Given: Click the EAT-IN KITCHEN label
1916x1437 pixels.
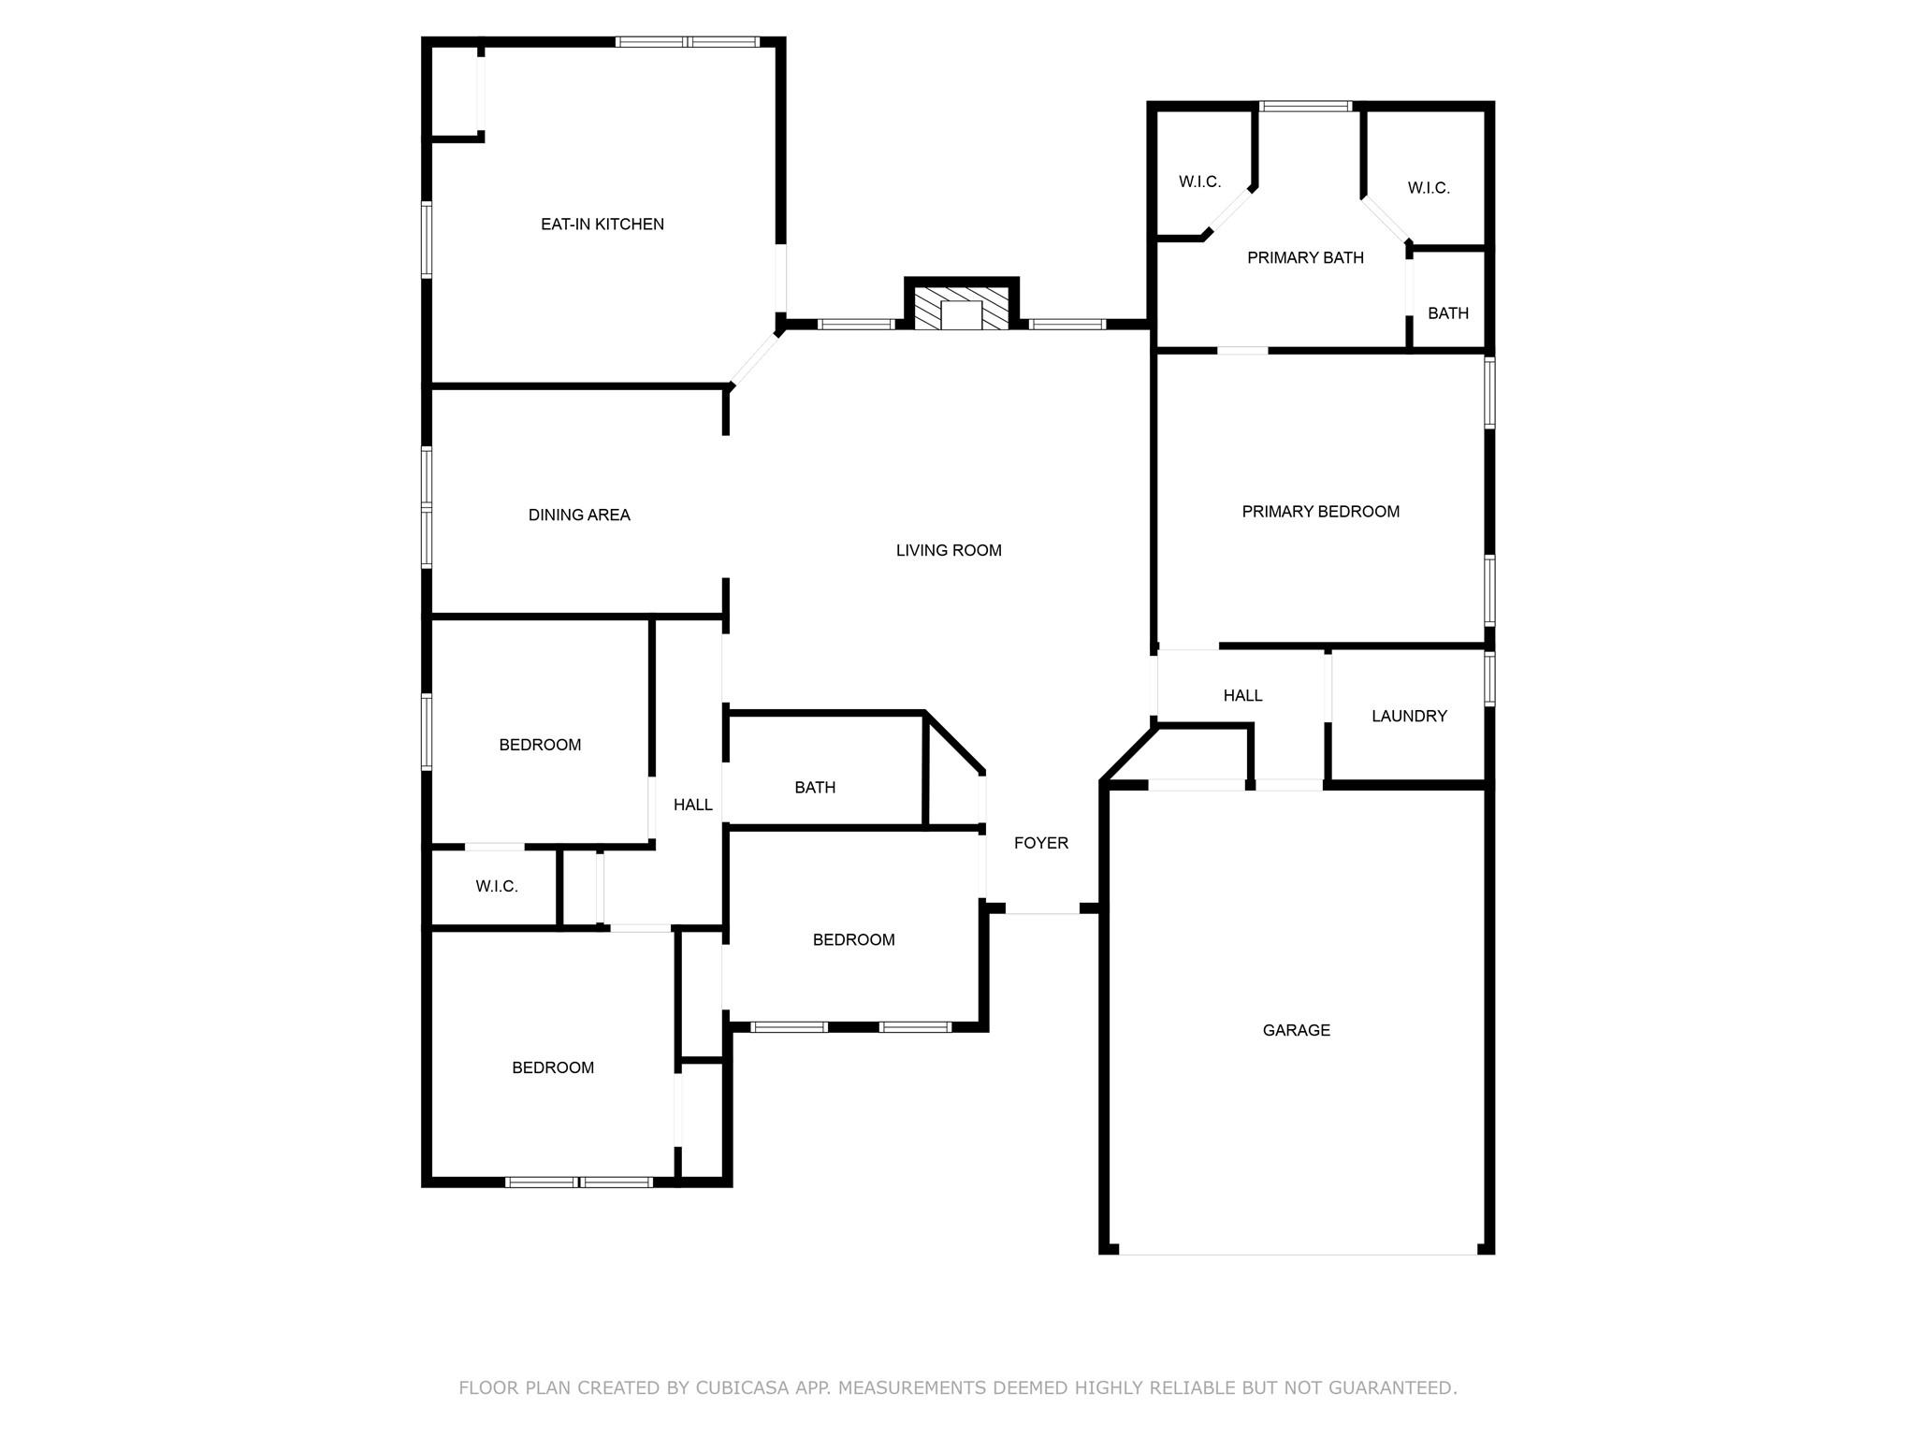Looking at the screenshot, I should click(602, 225).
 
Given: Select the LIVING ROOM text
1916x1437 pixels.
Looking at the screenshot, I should click(948, 551).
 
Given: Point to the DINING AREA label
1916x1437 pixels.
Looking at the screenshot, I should click(579, 515).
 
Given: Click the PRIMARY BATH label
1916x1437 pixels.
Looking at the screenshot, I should click(1305, 258).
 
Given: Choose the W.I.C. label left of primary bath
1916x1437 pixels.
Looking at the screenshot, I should click(1199, 182).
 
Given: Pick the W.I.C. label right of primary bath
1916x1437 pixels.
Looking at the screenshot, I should click(1428, 189).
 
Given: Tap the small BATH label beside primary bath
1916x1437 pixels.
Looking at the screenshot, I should click(1447, 314).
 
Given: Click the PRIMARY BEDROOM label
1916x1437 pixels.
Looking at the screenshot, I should click(1320, 512).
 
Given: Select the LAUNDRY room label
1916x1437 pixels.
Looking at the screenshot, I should click(1409, 717).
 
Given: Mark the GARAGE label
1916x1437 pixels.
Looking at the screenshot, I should click(1296, 1031).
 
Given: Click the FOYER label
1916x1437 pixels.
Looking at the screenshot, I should click(1040, 844).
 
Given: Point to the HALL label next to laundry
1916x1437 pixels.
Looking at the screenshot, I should click(1242, 696).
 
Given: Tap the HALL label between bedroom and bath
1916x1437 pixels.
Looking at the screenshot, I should click(692, 806).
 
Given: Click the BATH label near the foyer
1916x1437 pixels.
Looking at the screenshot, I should click(814, 789).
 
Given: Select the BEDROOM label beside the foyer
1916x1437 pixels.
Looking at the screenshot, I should click(853, 941).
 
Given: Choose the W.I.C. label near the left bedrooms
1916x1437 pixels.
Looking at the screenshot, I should click(496, 887).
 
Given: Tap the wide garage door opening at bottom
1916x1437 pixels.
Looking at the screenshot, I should click(1297, 1252).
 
